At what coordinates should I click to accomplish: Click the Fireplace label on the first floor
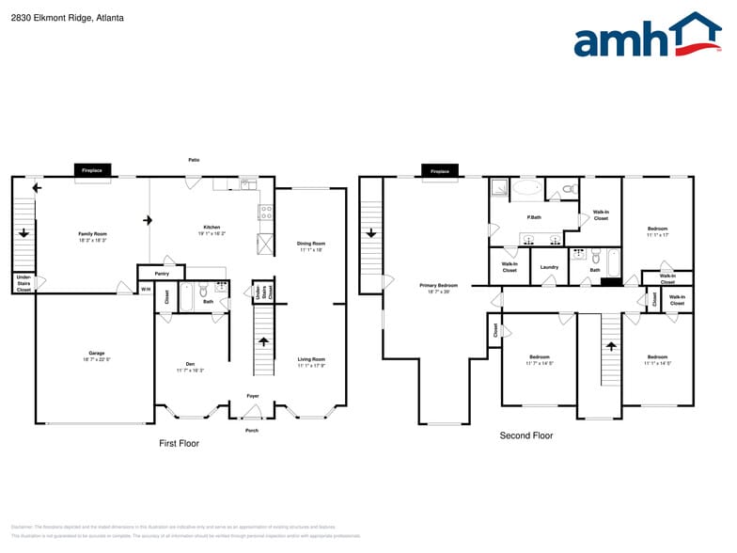pos(92,170)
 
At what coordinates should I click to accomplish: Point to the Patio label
pos(194,160)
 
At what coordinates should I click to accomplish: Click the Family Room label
pos(92,236)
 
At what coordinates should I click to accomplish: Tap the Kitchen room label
pos(212,229)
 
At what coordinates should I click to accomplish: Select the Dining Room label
pos(310,245)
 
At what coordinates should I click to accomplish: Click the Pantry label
pos(162,274)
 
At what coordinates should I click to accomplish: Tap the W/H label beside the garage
pos(146,289)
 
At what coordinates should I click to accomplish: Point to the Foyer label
pos(253,396)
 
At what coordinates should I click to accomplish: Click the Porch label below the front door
pos(252,431)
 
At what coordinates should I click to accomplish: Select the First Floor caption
pos(178,443)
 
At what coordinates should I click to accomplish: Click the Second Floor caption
pos(525,435)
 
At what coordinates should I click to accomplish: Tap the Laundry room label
pos(550,267)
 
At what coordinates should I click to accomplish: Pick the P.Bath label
pos(534,217)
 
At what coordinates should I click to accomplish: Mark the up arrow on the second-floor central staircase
pos(611,346)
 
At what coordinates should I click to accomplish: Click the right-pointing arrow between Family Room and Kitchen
pos(148,220)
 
